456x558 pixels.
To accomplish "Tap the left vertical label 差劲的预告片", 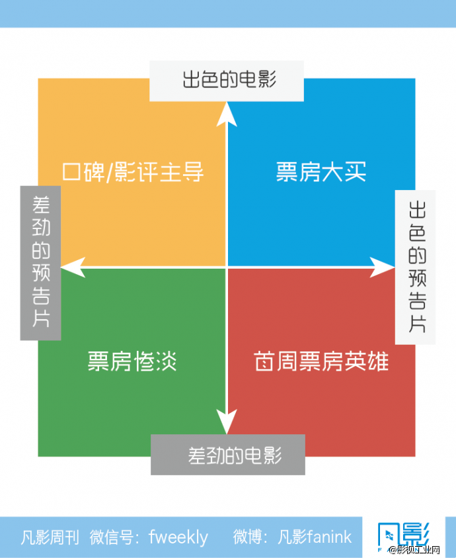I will coord(40,262).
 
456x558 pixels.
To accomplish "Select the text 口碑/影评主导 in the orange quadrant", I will coord(132,172).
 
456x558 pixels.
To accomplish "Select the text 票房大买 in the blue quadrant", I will coord(321,172).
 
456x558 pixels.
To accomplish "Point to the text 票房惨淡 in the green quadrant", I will coord(132,362).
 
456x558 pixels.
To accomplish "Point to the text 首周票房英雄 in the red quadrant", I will coord(321,362).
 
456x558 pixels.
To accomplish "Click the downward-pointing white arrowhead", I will coord(227,422).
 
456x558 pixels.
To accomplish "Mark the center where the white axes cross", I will coord(227,267).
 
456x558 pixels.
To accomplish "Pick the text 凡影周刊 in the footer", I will coord(51,537).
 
